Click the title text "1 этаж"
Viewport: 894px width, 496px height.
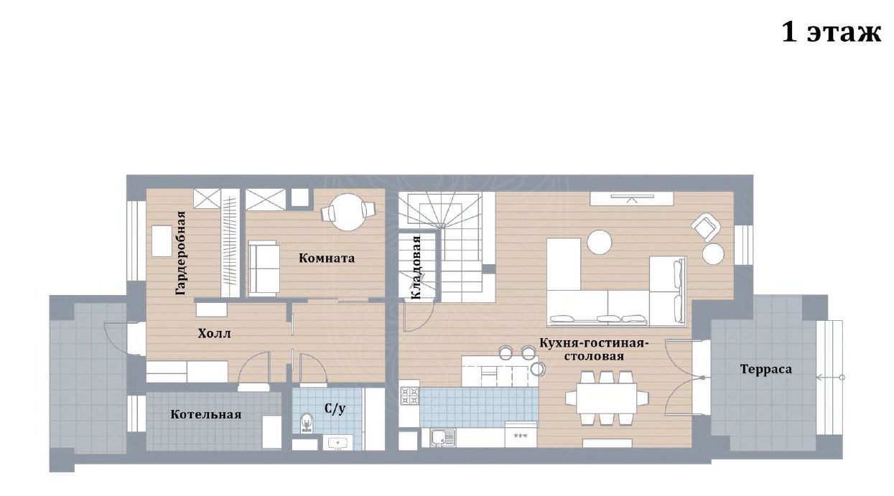click(831, 32)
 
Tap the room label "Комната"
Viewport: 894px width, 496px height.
click(327, 258)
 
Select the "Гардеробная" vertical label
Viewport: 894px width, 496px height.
click(181, 253)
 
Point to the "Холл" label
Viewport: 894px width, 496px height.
click(214, 333)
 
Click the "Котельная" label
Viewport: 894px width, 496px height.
click(206, 414)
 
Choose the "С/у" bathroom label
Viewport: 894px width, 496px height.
click(335, 408)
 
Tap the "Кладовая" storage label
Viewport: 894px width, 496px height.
click(416, 267)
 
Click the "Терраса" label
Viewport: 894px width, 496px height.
click(766, 369)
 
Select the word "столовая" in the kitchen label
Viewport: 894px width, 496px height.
click(594, 356)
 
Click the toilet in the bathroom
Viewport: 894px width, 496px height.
click(307, 423)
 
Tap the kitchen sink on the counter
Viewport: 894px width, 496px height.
click(443, 437)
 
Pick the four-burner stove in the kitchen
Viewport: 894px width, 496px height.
click(410, 396)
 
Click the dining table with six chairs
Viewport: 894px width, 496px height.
click(607, 398)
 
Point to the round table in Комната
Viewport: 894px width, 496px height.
click(348, 212)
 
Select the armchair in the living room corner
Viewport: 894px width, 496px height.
click(706, 227)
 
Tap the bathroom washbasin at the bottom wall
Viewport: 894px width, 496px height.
click(337, 443)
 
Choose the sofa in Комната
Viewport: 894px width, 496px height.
click(264, 268)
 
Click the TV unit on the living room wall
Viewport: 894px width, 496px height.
click(632, 199)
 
